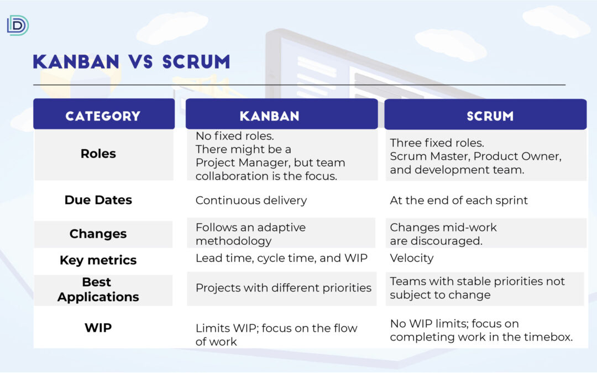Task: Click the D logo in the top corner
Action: click(x=18, y=25)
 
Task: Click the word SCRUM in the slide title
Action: click(x=196, y=62)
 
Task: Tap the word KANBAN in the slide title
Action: click(x=76, y=62)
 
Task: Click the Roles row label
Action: click(x=98, y=154)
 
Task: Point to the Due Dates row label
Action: click(x=98, y=200)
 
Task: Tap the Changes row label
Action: click(x=98, y=234)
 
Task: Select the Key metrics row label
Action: click(x=98, y=260)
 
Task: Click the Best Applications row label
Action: click(x=98, y=289)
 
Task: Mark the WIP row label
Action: click(x=98, y=328)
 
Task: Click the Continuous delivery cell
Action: click(x=252, y=200)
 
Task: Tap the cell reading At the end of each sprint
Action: click(x=459, y=200)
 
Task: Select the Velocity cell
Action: click(x=412, y=258)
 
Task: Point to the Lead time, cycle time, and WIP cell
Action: click(x=281, y=258)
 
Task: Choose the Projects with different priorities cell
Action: click(x=283, y=288)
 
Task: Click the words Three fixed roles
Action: click(x=437, y=143)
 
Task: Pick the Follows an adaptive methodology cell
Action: click(x=250, y=234)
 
